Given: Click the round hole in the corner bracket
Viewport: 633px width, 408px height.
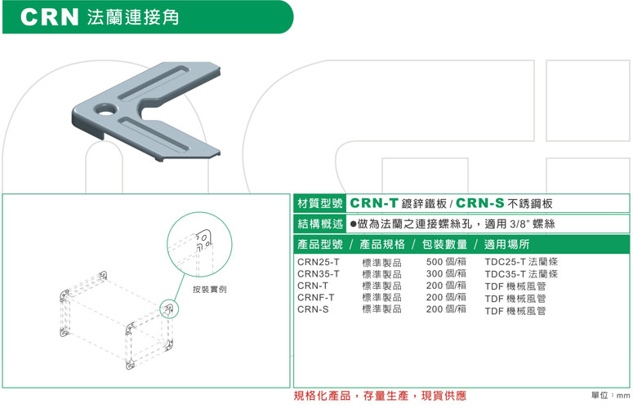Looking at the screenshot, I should point(105,109).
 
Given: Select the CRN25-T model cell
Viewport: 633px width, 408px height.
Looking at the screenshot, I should point(319,263).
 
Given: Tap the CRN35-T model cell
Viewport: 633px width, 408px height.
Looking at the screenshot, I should point(319,274).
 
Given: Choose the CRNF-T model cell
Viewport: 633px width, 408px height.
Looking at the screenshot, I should point(316,298).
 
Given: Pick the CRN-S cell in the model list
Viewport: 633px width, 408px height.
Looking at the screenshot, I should point(313,310).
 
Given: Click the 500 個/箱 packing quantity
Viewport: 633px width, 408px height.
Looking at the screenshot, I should point(446,263).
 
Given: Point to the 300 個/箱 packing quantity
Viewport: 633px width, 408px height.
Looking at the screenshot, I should point(446,274).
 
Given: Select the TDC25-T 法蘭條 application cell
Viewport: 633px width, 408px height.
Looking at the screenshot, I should point(521,263).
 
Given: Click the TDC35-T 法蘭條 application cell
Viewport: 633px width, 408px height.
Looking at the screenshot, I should point(521,274).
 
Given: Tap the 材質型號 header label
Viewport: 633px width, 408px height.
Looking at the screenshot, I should point(320,203).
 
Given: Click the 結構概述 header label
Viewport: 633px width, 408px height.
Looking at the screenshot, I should point(320,224).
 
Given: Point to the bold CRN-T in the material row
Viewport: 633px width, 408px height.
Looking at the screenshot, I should point(374,203).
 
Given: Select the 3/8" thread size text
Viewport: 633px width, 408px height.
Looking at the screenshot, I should point(524,224).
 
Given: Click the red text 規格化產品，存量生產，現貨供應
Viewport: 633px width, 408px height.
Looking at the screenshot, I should point(380,396).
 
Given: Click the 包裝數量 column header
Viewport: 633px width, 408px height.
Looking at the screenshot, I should point(445,244).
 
